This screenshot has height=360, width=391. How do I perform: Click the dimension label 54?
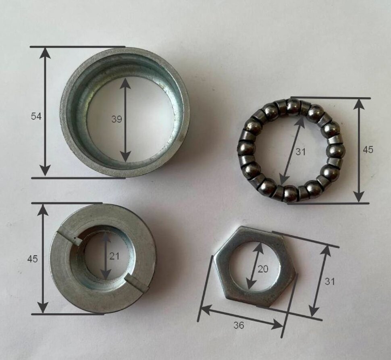tap(36, 116)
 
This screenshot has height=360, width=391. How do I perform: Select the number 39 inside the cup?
tap(116, 119)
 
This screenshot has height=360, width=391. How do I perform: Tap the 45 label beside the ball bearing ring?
tap(368, 150)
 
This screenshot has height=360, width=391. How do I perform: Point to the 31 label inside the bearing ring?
tap(300, 152)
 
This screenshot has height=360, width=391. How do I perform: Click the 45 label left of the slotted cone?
tap(32, 259)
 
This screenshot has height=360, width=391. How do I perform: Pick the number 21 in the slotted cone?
tap(114, 256)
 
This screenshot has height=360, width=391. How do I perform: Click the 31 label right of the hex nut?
tap(329, 281)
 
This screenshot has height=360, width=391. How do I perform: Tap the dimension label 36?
tap(239, 325)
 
